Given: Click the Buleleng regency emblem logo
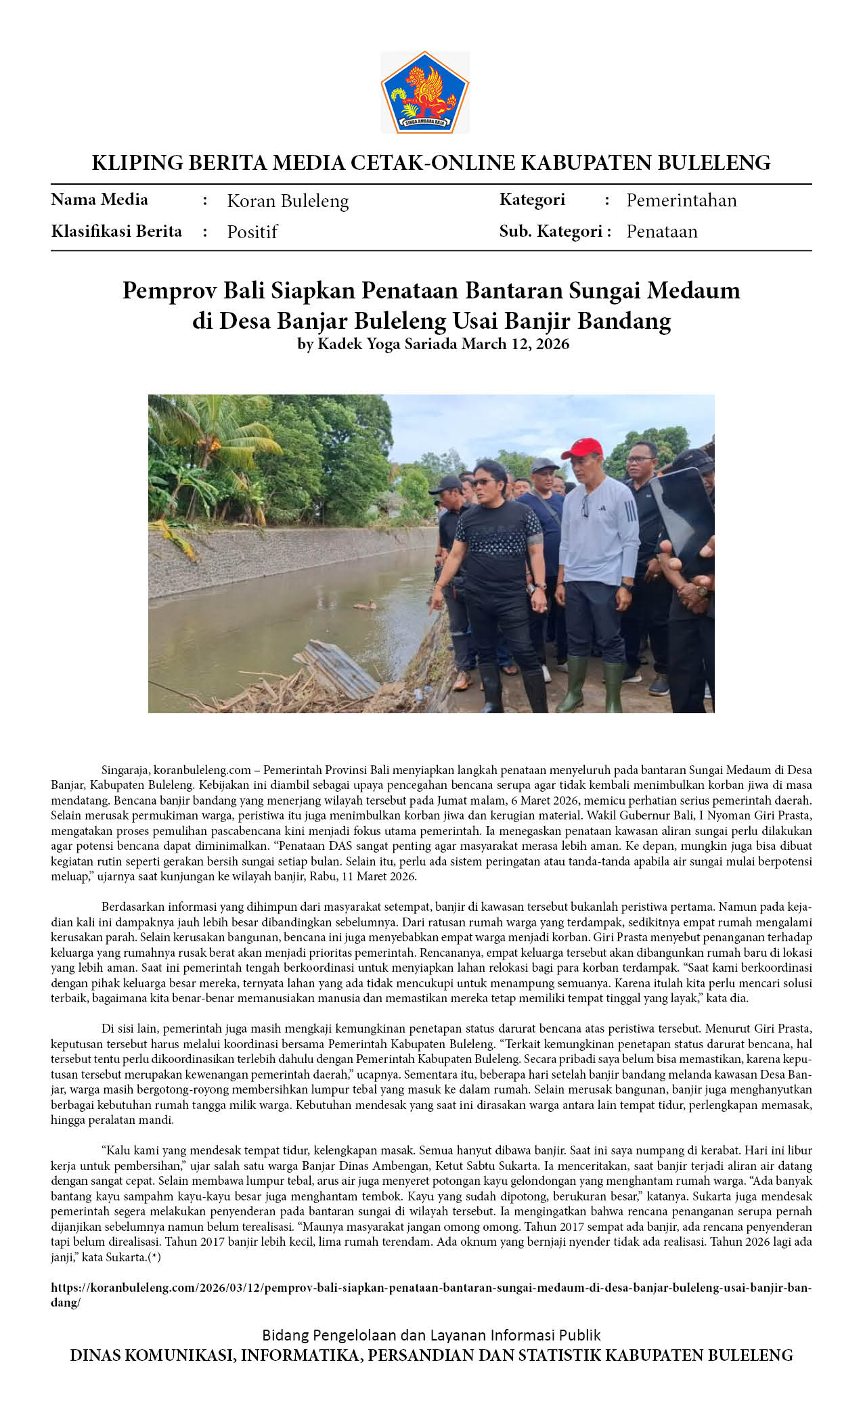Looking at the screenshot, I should tap(424, 92).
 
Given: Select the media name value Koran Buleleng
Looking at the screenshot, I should tap(288, 201).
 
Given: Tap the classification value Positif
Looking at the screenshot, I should tap(252, 232).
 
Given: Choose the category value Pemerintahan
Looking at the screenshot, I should tap(681, 200).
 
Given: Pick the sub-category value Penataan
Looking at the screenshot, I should tap(661, 231).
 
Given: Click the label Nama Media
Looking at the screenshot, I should tap(99, 200).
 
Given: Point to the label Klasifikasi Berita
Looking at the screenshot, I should tap(116, 231).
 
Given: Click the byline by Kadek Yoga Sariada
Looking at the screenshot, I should tap(377, 344).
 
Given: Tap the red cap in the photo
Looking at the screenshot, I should tap(582, 447).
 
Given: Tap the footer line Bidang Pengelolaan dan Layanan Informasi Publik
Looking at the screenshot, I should tap(431, 1335).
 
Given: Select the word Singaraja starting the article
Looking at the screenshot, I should tap(125, 770).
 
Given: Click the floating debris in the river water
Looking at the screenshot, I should tap(366, 605).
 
